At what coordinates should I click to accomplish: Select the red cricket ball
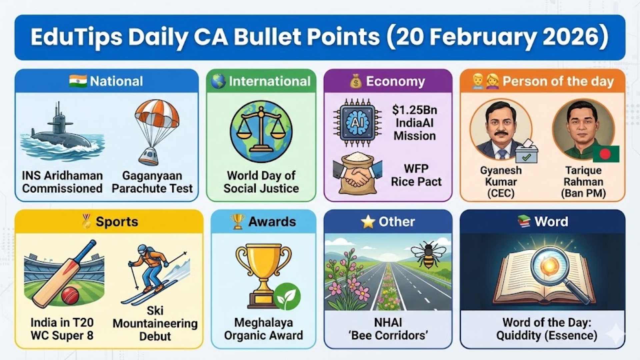[70, 294]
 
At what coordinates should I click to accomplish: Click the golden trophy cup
[263, 263]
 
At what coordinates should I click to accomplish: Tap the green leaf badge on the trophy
[287, 296]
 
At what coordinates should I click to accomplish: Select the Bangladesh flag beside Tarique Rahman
[606, 154]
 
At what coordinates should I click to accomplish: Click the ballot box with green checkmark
[526, 153]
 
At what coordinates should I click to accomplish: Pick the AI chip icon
[358, 122]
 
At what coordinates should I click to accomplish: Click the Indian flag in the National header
[78, 81]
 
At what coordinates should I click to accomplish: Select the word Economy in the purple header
[395, 81]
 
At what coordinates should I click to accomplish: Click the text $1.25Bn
[414, 110]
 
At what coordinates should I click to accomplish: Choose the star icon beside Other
[368, 222]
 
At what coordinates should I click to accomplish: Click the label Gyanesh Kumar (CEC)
[501, 182]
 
